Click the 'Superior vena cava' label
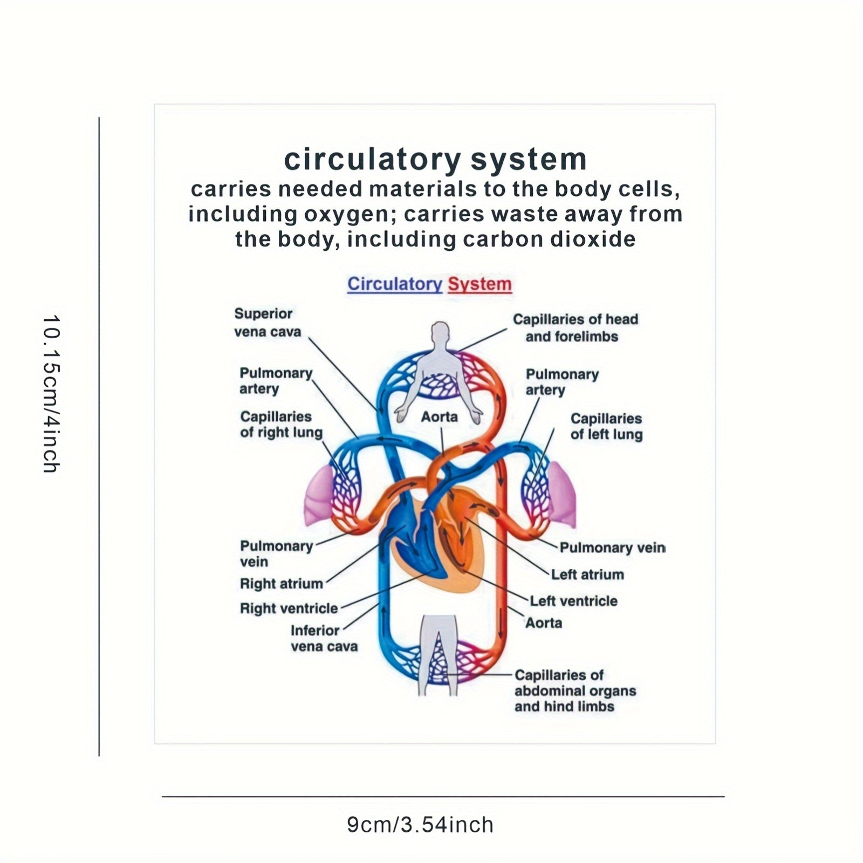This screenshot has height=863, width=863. coord(267,323)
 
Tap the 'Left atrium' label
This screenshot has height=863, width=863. coord(587,574)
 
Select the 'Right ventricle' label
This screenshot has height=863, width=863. coord(289,608)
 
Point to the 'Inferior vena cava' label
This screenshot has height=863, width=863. coord(324,638)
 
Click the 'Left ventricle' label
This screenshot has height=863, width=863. coord(573,601)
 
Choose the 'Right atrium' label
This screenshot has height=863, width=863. coord(281,584)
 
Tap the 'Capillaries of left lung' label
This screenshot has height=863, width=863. coord(606,427)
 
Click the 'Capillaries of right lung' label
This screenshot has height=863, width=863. coord(281,424)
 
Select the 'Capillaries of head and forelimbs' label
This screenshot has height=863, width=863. coord(575,328)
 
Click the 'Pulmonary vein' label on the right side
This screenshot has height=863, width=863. coord(612,547)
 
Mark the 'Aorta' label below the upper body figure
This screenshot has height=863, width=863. coord(439,416)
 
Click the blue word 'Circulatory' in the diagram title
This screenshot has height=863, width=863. coord(394,284)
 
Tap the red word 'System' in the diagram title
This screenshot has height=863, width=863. coord(480,284)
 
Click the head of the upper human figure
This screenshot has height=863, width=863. coord(440,332)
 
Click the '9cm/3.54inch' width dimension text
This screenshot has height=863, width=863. coord(420,825)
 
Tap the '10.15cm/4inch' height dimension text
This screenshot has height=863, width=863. coord(52,394)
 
